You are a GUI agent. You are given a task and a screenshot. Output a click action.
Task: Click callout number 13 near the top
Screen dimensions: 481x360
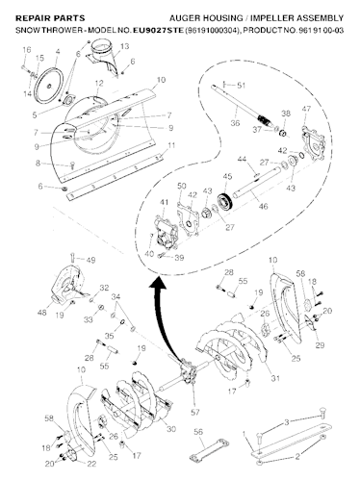pyautogui.click(x=124, y=46)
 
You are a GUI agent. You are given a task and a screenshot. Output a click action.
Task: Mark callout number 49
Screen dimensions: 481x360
pyautogui.click(x=91, y=260)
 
